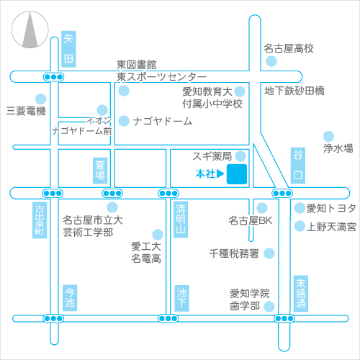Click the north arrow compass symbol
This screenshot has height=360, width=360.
[30, 30]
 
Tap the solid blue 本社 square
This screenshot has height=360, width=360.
[237, 174]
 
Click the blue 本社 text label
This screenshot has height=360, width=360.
[205, 174]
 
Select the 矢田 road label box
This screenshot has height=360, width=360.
[68, 49]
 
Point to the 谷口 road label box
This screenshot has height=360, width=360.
[298, 166]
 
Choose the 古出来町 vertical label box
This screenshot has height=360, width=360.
[40, 220]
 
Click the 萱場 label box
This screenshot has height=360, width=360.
[100, 171]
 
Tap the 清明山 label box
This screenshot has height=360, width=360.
[181, 220]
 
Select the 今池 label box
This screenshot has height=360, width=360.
[70, 298]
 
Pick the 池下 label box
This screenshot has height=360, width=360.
[181, 298]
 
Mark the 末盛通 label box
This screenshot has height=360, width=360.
[301, 294]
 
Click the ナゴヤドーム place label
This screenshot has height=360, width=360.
[163, 121]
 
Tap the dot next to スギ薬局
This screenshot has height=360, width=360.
[240, 156]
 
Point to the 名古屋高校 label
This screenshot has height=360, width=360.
[289, 48]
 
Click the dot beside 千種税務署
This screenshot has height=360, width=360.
[269, 253]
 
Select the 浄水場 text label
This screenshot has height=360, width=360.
[338, 148]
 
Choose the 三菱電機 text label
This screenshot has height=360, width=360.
[26, 111]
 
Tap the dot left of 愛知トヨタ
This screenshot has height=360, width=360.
[300, 208]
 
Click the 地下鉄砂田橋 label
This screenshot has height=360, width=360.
[294, 91]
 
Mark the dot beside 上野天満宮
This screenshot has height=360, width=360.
[300, 226]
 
